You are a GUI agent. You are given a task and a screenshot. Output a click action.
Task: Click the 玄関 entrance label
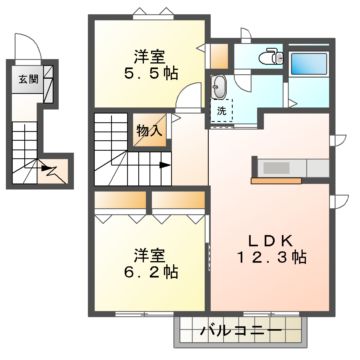coord(21,80)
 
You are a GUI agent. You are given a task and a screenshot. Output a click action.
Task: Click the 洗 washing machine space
coord(221,112)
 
